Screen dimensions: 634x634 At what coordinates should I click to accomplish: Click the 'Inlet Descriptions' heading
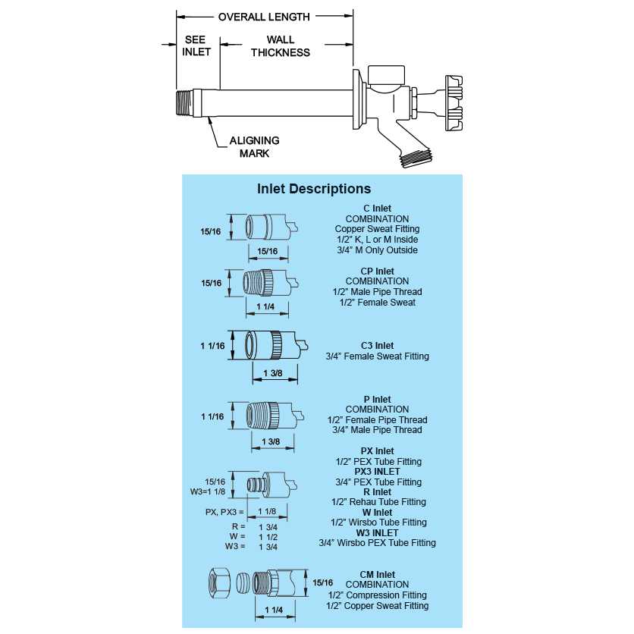pyautogui.click(x=314, y=189)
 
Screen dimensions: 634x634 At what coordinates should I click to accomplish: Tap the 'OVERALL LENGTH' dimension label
pyautogui.click(x=264, y=17)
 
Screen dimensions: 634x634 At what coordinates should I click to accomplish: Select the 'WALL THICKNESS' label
pyautogui.click(x=281, y=46)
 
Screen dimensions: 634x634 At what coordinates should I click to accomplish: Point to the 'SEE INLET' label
pyautogui.click(x=196, y=46)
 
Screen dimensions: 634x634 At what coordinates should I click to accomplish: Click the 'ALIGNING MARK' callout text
pyautogui.click(x=254, y=146)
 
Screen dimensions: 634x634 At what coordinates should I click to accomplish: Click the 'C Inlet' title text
pyautogui.click(x=377, y=209)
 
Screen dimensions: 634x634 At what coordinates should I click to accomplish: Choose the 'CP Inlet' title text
pyautogui.click(x=377, y=271)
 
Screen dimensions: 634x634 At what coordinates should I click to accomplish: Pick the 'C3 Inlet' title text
pyautogui.click(x=377, y=346)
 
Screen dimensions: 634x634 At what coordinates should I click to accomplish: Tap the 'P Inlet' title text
pyautogui.click(x=377, y=400)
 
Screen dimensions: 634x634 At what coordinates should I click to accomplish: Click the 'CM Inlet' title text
pyautogui.click(x=377, y=575)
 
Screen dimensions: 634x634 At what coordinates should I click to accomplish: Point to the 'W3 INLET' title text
pyautogui.click(x=377, y=532)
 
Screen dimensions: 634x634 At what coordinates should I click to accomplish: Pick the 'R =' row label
pyautogui.click(x=239, y=526)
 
